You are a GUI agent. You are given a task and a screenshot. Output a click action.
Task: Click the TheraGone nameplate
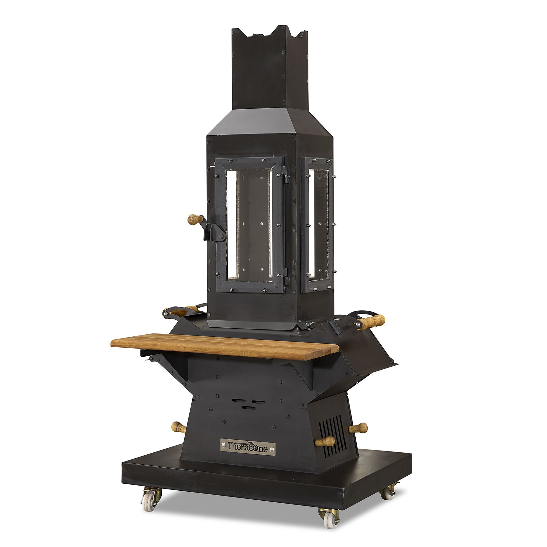pos(248,447)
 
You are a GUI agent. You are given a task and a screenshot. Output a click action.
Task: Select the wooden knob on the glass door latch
pos(195,220)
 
